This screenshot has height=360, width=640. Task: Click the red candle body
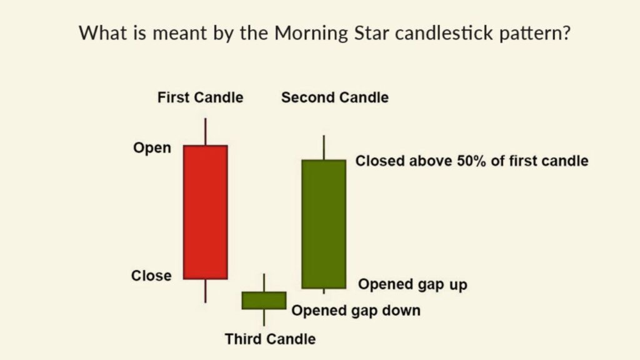(205, 212)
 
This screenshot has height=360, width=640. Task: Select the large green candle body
(324, 224)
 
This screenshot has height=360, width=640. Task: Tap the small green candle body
(264, 300)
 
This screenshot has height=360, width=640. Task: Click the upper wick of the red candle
(205, 131)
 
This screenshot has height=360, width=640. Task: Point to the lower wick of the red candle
(205, 291)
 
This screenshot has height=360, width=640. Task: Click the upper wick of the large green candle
(324, 147)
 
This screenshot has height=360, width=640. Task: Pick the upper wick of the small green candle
(264, 282)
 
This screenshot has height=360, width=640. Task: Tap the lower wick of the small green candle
(264, 317)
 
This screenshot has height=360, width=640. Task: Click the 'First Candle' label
(200, 97)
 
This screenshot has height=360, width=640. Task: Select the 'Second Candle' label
(334, 97)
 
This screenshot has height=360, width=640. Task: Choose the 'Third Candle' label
(270, 339)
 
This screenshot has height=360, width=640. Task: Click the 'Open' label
(152, 148)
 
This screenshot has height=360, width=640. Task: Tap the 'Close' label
(151, 276)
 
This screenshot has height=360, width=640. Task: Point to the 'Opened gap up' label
(412, 285)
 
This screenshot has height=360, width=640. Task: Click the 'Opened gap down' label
(356, 311)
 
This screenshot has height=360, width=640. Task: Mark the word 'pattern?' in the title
(539, 33)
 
